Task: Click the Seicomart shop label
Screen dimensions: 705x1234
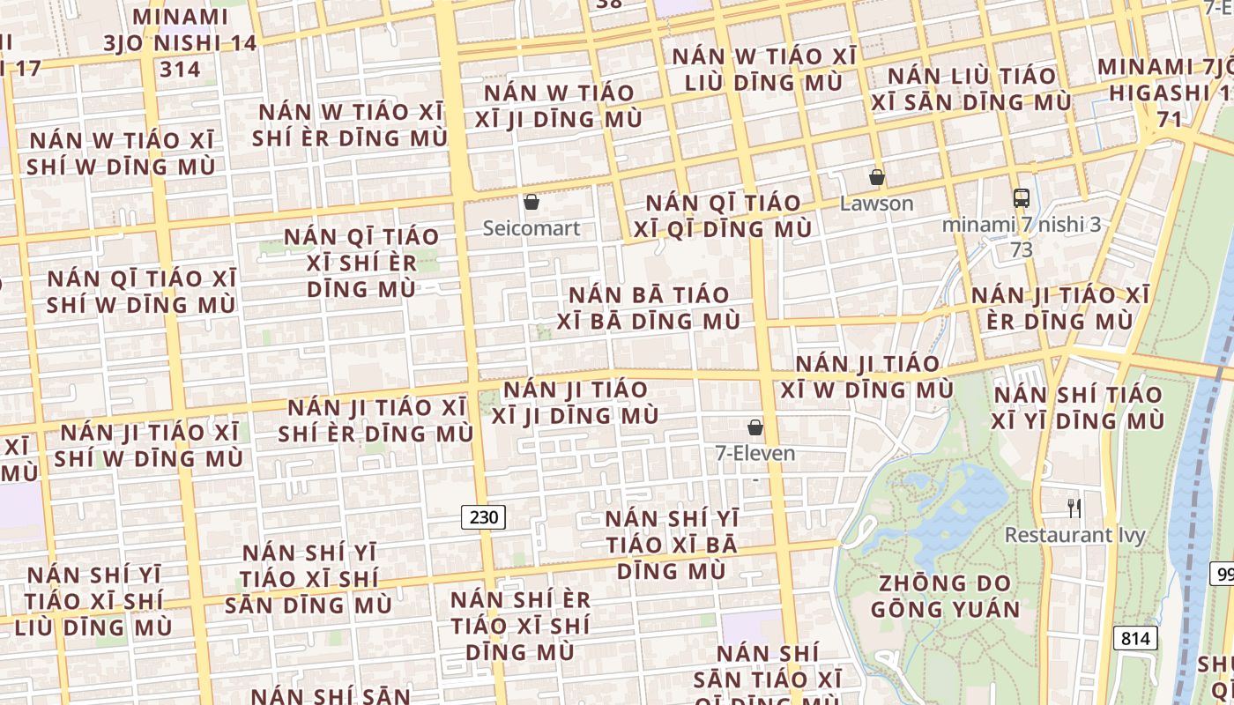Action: (532, 228)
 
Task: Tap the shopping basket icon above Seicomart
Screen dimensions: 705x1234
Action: (532, 203)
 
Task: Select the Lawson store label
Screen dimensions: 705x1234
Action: (876, 204)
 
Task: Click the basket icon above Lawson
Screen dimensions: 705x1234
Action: (876, 178)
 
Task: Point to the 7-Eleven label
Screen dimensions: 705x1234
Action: (755, 454)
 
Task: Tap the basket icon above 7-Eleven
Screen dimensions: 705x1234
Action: (755, 428)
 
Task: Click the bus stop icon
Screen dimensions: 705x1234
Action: (1021, 198)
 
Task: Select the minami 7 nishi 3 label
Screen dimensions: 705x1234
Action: (1021, 225)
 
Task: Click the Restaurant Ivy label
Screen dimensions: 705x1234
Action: (1074, 535)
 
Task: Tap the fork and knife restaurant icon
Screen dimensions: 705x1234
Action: (1074, 508)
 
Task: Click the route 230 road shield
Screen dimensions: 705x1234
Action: (484, 517)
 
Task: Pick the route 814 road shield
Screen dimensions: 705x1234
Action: (1134, 638)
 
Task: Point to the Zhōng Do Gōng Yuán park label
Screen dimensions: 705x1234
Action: (945, 596)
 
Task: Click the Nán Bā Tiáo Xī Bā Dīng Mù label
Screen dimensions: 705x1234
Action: (654, 308)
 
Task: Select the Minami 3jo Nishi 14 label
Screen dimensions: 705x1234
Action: (180, 43)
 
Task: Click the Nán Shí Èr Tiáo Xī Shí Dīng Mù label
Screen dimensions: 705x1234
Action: (520, 626)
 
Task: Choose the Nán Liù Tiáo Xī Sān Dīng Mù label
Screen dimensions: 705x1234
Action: (971, 89)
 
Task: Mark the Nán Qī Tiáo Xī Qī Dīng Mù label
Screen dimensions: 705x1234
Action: (728, 216)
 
